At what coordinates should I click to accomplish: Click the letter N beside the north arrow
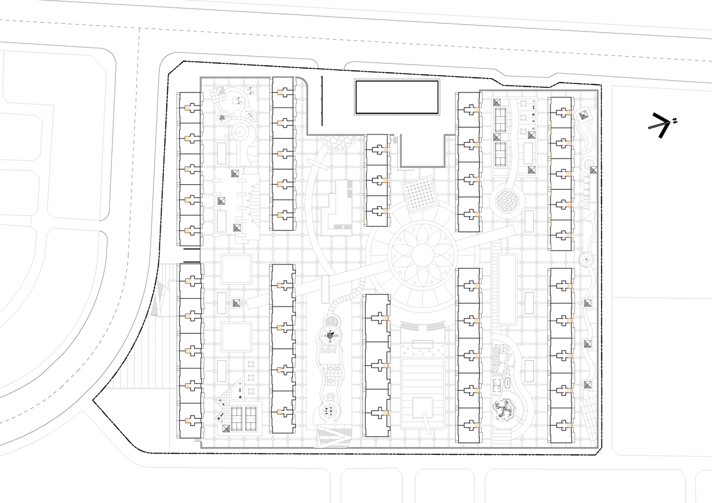(x=674, y=120)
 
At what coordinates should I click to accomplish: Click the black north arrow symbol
(x=660, y=125)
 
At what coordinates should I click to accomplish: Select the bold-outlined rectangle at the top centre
(x=397, y=97)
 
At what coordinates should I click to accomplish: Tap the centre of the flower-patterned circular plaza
(x=422, y=255)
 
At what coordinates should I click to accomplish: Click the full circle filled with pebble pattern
(x=509, y=202)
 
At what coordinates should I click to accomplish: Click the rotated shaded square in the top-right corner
(x=583, y=115)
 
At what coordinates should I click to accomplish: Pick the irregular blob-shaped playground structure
(x=504, y=411)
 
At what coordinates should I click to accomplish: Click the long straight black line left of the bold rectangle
(x=322, y=101)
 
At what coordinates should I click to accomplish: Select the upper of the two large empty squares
(x=236, y=269)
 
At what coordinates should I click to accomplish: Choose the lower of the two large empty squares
(x=236, y=337)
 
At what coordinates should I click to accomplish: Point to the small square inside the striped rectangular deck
(x=423, y=407)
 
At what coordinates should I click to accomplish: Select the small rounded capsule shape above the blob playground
(x=507, y=383)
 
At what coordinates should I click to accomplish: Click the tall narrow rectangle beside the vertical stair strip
(x=507, y=290)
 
